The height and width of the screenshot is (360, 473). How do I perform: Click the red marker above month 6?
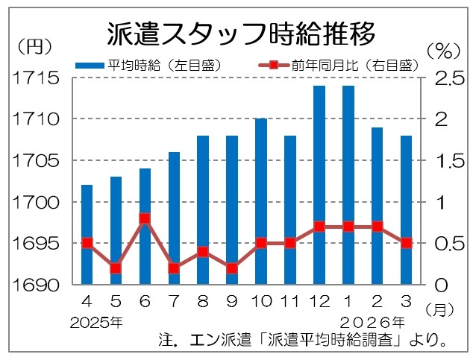145,219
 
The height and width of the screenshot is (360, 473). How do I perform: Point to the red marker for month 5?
116,268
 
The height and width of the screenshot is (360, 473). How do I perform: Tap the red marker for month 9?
232,268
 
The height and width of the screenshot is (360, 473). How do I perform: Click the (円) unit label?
34,46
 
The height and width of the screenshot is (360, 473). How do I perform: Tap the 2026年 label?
373,323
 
